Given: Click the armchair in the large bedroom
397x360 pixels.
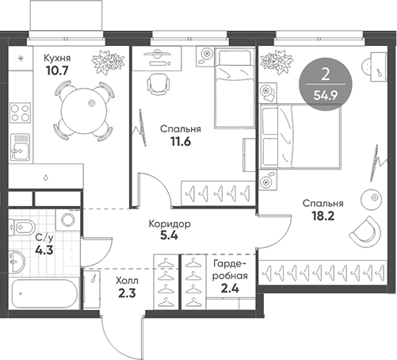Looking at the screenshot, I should pos(365,230).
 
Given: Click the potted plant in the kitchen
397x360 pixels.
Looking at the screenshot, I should pos(105,60).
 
